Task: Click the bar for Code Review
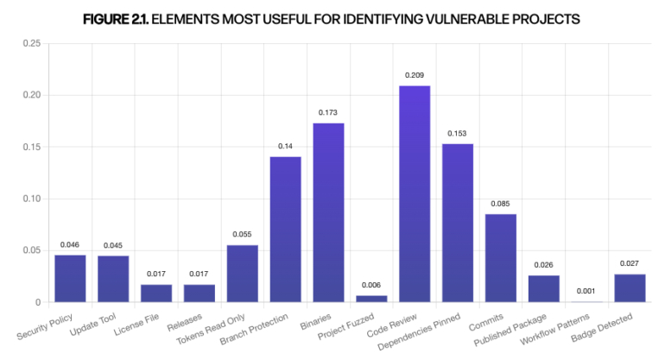(x=415, y=193)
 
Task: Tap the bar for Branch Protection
(x=285, y=229)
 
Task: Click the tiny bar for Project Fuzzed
(x=371, y=299)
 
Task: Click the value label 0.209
(x=415, y=76)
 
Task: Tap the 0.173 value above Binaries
(x=328, y=113)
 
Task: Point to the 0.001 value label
(x=587, y=291)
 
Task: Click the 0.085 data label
(x=501, y=204)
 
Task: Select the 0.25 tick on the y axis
(x=30, y=43)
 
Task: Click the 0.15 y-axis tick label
(x=30, y=147)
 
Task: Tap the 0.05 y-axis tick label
(x=30, y=250)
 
